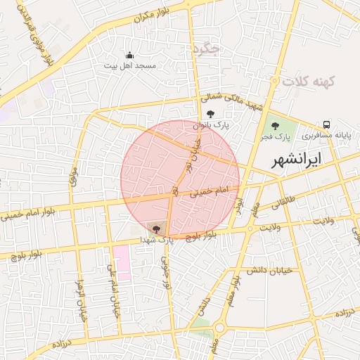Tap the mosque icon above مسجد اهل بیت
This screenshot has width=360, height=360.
pyautogui.click(x=129, y=55)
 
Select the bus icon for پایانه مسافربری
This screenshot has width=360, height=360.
pyautogui.click(x=326, y=124)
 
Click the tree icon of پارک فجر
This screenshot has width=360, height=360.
pyautogui.click(x=275, y=124)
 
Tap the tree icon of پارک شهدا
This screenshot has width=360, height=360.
pyautogui.click(x=155, y=229)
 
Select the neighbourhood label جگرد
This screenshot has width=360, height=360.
pyautogui.click(x=206, y=50)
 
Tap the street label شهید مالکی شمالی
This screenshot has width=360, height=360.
pyautogui.click(x=231, y=103)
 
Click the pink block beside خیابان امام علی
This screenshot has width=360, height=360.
pyautogui.click(x=122, y=262)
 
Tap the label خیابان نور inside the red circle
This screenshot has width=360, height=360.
pyautogui.click(x=193, y=155)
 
